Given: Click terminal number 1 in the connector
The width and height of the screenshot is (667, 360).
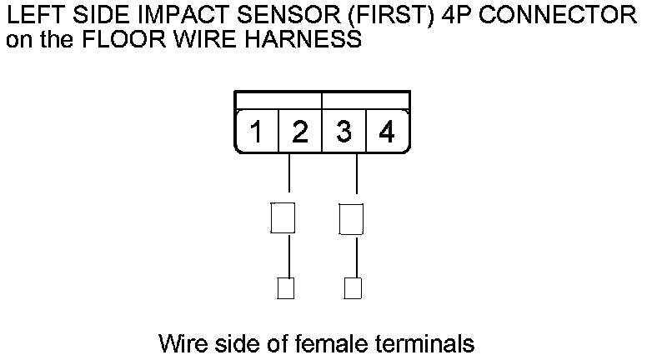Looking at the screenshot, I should click(x=258, y=132).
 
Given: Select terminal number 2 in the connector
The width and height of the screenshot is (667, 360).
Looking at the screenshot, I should click(x=300, y=132).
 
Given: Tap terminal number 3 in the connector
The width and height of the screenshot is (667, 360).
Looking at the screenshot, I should click(x=343, y=132).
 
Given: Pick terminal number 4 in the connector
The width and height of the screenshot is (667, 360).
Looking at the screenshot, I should click(x=386, y=132).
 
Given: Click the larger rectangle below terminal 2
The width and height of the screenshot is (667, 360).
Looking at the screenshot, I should click(x=283, y=218).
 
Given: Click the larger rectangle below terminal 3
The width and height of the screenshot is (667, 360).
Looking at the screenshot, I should click(x=351, y=218).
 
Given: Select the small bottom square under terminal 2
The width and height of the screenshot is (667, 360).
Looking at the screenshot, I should click(x=285, y=288).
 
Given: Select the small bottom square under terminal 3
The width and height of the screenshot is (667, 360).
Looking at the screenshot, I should click(x=353, y=288).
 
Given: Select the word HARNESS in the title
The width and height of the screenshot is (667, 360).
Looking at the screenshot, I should click(x=303, y=39).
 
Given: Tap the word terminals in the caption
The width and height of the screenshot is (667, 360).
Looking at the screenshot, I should click(x=420, y=342).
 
